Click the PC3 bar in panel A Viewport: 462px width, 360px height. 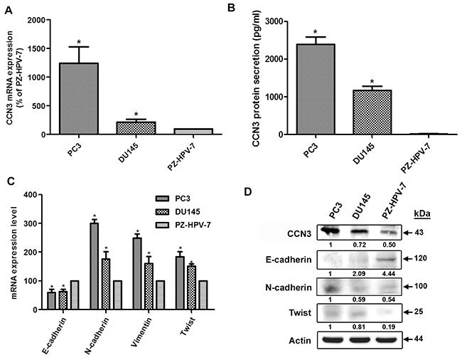79,98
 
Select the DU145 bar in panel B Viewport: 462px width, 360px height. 372,112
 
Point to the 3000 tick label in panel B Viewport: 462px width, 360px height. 274,21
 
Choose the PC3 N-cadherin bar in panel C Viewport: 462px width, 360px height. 95,266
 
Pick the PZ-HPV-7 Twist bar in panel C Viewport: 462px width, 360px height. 203,295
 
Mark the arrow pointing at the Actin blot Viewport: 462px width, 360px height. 408,339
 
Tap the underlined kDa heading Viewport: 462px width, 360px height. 422,213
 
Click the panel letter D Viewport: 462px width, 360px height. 248,191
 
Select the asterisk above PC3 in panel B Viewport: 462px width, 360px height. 316,32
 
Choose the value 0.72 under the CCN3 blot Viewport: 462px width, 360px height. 360,245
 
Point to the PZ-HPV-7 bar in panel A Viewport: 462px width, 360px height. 193,132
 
